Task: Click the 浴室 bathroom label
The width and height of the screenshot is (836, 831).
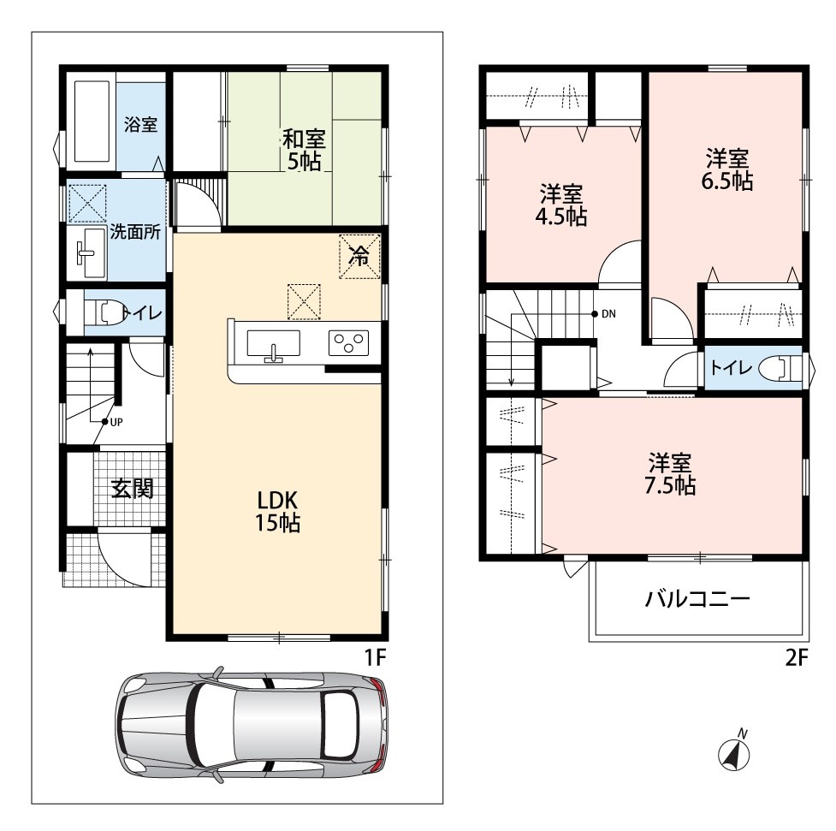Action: pyautogui.click(x=140, y=124)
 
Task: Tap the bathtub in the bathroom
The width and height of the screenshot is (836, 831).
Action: pyautogui.click(x=92, y=121)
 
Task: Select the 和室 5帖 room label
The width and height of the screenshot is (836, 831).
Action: pyautogui.click(x=304, y=150)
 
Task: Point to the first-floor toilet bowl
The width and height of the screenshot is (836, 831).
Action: pyautogui.click(x=105, y=312)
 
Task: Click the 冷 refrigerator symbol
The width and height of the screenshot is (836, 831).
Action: pyautogui.click(x=359, y=257)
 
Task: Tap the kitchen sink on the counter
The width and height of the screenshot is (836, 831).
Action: pyautogui.click(x=273, y=344)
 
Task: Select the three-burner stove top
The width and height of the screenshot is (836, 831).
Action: pyautogui.click(x=348, y=343)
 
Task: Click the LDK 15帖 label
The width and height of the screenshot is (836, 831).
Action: pyautogui.click(x=278, y=512)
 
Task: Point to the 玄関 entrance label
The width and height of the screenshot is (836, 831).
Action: pyautogui.click(x=133, y=488)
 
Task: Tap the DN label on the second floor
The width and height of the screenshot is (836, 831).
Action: pyautogui.click(x=608, y=313)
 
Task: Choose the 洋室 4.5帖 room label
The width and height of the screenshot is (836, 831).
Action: pyautogui.click(x=561, y=205)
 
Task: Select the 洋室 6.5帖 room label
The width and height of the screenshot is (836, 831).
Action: pyautogui.click(x=726, y=169)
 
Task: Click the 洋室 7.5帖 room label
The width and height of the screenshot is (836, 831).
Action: pyautogui.click(x=670, y=474)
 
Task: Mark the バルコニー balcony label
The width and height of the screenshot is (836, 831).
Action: pyautogui.click(x=697, y=599)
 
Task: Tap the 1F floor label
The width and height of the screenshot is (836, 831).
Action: pyautogui.click(x=375, y=657)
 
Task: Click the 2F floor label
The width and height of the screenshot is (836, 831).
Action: pyautogui.click(x=797, y=657)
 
